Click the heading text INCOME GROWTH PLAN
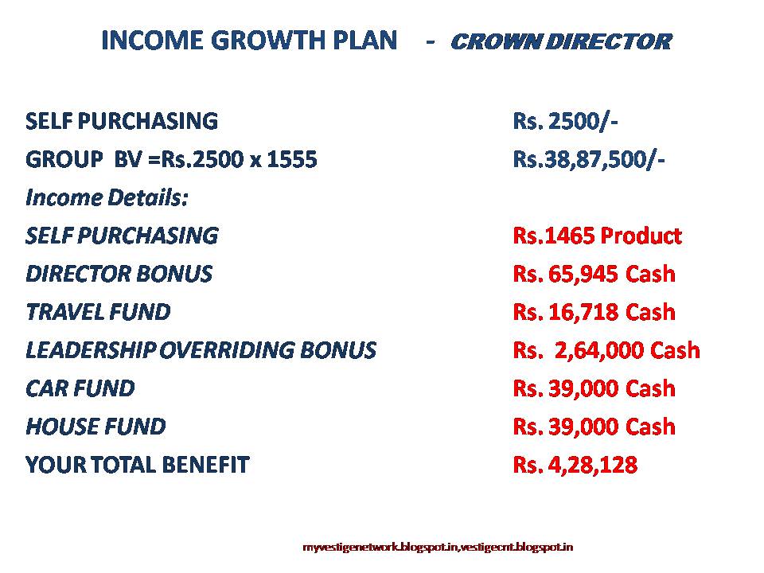(249, 41)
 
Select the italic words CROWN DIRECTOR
(560, 41)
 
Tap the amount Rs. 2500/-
(566, 121)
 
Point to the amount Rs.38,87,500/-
(589, 159)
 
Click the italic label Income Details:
(107, 197)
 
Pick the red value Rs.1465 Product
(598, 236)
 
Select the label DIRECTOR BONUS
(119, 274)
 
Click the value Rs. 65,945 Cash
(594, 274)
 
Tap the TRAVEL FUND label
(98, 312)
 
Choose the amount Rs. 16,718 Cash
(594, 312)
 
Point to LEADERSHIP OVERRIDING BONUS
(201, 350)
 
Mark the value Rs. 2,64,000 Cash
(606, 350)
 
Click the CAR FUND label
(80, 388)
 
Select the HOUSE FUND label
(95, 427)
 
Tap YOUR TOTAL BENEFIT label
(138, 465)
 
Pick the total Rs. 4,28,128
(575, 465)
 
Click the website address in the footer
(439, 547)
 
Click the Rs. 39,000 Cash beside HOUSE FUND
(594, 427)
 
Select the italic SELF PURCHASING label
(122, 236)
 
